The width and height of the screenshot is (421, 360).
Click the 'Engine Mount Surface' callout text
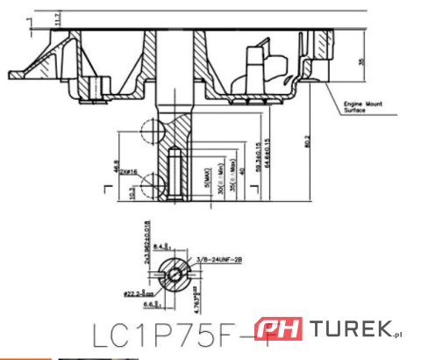click(360, 107)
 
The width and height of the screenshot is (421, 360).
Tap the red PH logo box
click(278, 330)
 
